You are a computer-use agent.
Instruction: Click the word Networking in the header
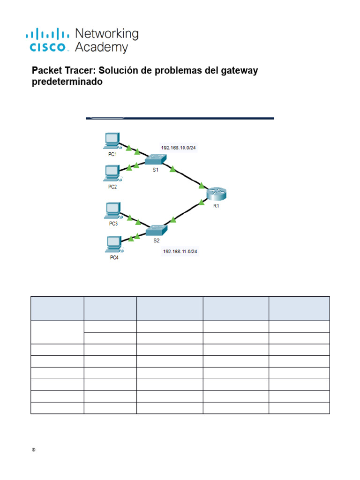tap(107, 34)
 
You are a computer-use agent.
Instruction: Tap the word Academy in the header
tap(101, 47)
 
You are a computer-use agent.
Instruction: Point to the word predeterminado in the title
tap(67, 82)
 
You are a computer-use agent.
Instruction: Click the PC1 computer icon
tap(112, 140)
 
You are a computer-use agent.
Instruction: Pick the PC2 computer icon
tap(112, 173)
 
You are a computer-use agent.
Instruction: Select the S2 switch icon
tap(156, 230)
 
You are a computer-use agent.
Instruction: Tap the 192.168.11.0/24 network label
tap(180, 252)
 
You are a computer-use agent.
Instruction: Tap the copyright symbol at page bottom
tap(33, 450)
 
